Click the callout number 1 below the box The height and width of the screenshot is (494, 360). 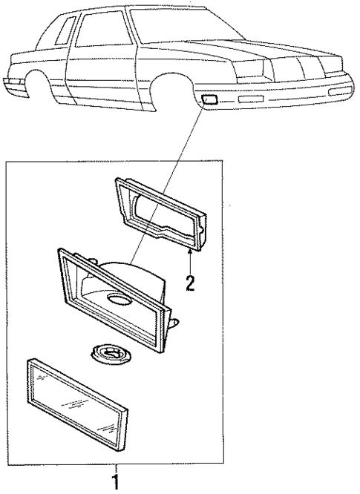115,483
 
